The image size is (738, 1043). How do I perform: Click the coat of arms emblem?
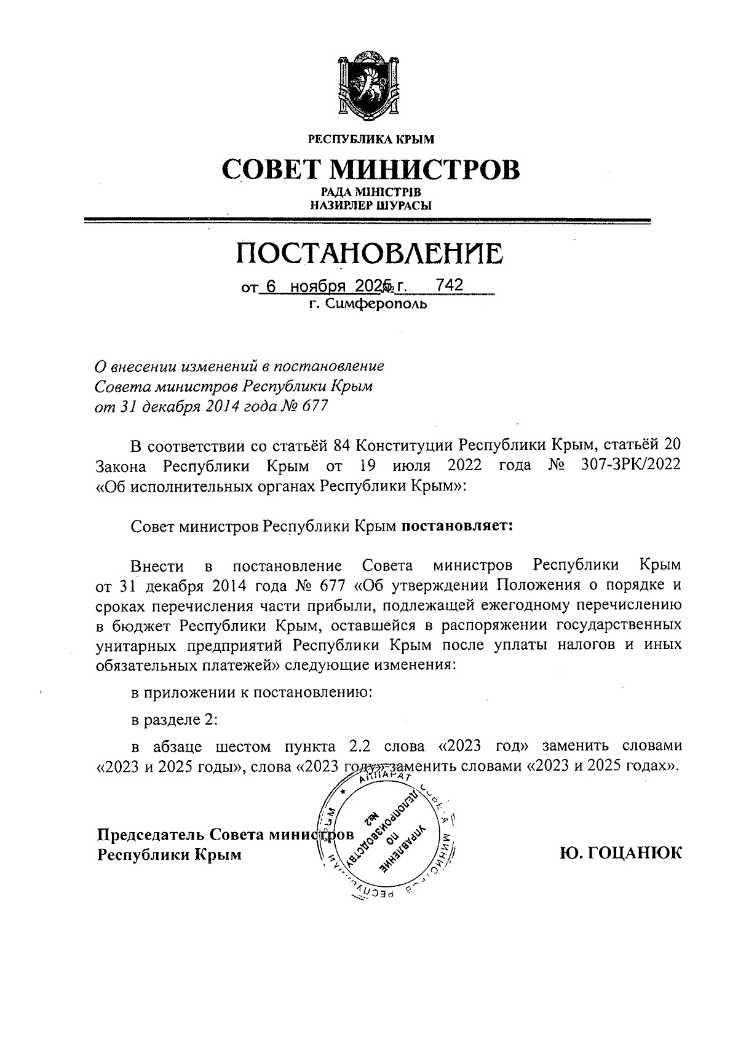tap(370, 89)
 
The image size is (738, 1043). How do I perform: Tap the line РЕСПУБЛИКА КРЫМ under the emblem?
tap(370, 140)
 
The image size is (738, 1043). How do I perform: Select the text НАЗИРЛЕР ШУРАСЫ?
tap(370, 206)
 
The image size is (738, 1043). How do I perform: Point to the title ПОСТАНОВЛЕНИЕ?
tap(370, 253)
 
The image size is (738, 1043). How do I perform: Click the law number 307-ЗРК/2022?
tap(630, 465)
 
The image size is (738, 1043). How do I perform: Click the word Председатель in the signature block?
tap(151, 835)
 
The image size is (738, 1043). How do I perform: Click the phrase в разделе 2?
tap(175, 719)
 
